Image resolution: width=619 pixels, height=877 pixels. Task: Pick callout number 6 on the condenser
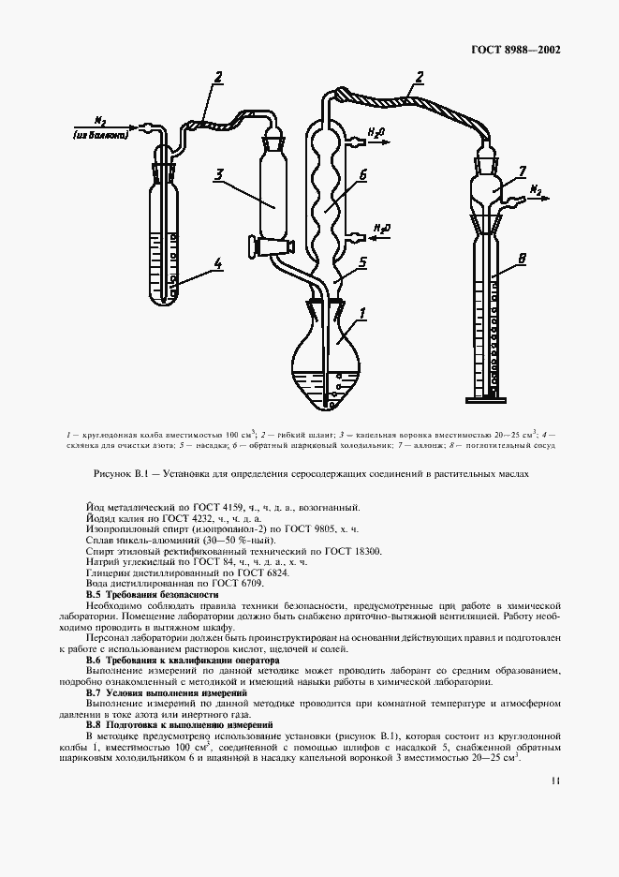363,174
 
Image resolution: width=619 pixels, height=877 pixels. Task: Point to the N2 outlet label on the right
537,190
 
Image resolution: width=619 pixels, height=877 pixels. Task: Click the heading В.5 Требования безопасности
152,595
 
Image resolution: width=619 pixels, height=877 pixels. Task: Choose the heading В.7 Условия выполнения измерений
167,692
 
